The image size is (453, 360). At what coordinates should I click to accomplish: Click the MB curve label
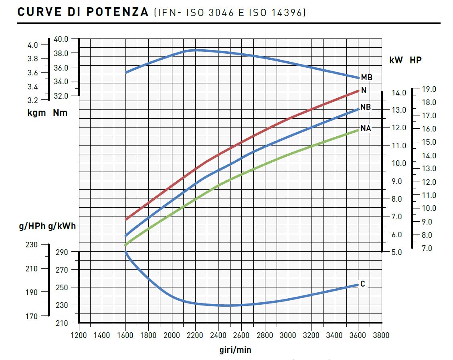click(366, 78)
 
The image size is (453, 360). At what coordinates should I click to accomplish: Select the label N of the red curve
click(364, 90)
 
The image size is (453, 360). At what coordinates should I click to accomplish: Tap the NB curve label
click(365, 107)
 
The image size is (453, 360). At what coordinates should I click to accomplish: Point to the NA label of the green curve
click(366, 129)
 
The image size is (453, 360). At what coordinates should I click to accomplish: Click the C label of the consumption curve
click(363, 284)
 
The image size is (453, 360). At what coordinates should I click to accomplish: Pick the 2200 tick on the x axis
click(195, 335)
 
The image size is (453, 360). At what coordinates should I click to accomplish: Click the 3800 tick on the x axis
click(381, 335)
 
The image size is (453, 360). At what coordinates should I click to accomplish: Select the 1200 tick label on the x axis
click(79, 335)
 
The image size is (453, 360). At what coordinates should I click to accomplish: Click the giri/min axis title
click(235, 350)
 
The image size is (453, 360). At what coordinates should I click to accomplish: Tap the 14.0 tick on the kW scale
click(398, 93)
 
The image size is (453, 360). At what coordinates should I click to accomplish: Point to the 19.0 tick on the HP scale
click(429, 89)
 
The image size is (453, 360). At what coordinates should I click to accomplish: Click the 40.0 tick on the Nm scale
click(61, 39)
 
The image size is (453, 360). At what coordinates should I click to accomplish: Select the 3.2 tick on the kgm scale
click(33, 100)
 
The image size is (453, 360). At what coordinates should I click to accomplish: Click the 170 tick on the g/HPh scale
click(31, 316)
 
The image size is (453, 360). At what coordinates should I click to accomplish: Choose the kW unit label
click(396, 61)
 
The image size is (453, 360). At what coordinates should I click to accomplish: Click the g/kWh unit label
click(62, 227)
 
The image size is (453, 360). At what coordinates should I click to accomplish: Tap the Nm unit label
click(60, 113)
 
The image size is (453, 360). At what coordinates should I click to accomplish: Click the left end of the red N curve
click(126, 219)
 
